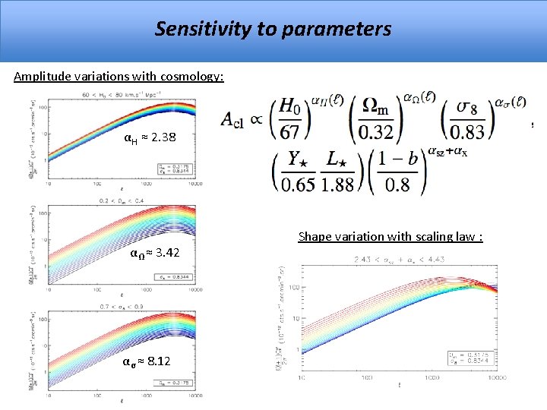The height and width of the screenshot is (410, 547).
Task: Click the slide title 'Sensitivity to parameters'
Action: pos(273,30)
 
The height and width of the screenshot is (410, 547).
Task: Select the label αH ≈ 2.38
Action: pos(150,138)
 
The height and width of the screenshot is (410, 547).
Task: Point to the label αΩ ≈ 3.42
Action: pos(154,252)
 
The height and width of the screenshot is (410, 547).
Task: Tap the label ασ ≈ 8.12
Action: pos(147,361)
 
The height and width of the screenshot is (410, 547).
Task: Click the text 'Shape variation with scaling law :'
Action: pos(390,237)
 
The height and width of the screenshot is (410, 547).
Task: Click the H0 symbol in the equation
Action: pos(289,108)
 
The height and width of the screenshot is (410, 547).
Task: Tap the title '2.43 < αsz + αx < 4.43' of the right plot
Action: pos(400,260)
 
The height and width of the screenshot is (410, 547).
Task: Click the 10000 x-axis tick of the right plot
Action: pos(497,377)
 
